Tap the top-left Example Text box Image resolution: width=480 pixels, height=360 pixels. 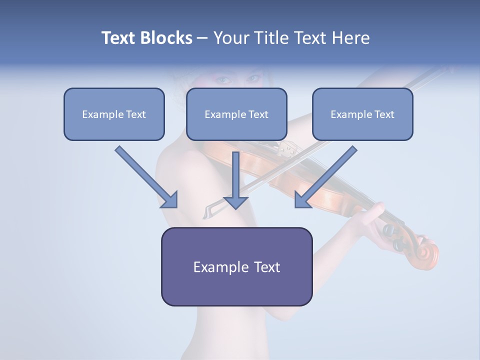click(x=114, y=114)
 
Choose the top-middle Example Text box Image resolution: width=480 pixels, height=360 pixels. click(x=236, y=114)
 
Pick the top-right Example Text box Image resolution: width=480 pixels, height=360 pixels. click(x=362, y=114)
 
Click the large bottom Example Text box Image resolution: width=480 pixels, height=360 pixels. click(x=236, y=266)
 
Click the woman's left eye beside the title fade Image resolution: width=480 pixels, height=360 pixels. click(x=223, y=79)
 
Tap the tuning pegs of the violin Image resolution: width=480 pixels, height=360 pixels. click(x=395, y=235)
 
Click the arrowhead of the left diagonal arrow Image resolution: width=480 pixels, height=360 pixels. click(x=170, y=200)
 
